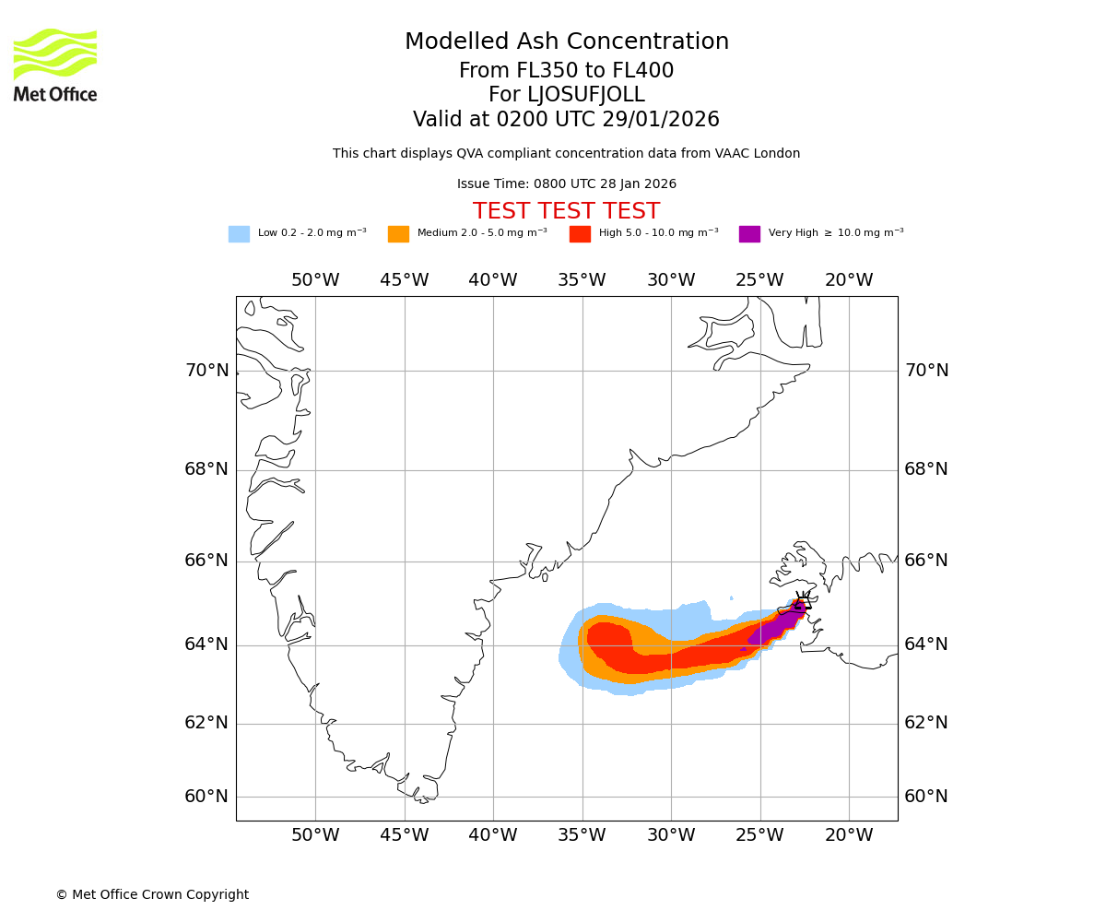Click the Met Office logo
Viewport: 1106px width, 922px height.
[55, 65]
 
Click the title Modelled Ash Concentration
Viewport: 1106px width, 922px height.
[566, 42]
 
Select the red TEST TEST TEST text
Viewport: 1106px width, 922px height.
[566, 212]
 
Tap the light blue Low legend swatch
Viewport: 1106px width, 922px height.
[239, 234]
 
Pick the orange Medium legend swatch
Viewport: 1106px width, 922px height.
[398, 234]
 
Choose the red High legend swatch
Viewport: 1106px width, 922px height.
[580, 234]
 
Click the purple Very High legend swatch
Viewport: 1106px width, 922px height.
[749, 234]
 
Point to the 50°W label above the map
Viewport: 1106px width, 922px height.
[315, 280]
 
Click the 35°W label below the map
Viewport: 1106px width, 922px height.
[582, 835]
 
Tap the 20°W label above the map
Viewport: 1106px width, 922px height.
[849, 280]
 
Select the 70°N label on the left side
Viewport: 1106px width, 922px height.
[206, 371]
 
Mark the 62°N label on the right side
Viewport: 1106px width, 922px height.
[926, 723]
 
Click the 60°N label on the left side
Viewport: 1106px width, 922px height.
[206, 797]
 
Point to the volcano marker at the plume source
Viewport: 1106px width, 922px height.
[802, 604]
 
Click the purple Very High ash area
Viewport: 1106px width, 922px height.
[774, 628]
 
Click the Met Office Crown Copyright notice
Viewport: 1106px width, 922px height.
[152, 895]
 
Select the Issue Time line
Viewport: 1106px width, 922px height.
[566, 184]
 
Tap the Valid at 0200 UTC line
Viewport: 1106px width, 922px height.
[566, 120]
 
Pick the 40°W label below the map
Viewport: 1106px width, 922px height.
[493, 835]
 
